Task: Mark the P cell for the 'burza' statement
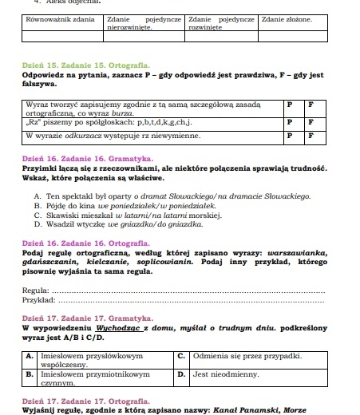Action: coord(289,104)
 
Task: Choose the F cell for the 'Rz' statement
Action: coord(311,122)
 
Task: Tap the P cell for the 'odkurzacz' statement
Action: coord(289,136)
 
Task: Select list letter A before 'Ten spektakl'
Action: coord(38,195)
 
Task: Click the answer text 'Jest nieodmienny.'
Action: coord(221,373)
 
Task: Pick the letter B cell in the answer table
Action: coord(30,373)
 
